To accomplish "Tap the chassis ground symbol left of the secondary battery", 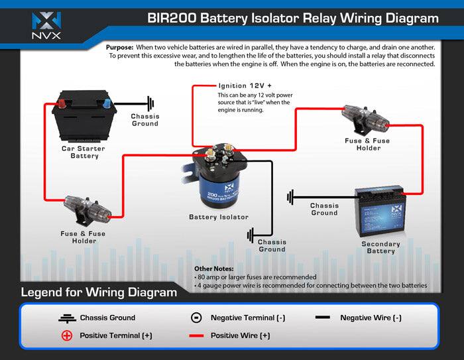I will pos(291,197).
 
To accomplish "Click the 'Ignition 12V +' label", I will pos(245,86).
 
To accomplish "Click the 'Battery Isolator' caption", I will pos(219,217).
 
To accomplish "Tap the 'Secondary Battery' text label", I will pos(380,247).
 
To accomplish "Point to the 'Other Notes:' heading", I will pos(209,269).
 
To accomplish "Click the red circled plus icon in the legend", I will pos(66,335).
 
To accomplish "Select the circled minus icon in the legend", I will pos(196,318).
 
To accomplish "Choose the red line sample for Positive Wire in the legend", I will pos(196,335).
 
